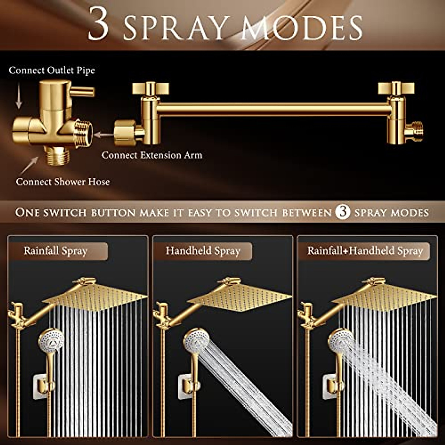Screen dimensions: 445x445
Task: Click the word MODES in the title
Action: tap(302, 28)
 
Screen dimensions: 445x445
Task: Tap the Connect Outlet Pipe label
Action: tap(52, 70)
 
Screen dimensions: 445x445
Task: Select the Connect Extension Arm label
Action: tap(152, 155)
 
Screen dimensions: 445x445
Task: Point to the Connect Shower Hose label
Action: tap(63, 182)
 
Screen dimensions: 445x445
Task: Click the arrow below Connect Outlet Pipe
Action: tap(18, 96)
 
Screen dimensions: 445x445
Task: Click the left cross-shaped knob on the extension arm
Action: tap(150, 88)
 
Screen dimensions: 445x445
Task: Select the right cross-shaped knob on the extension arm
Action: tap(396, 88)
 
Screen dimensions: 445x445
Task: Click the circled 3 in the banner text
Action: tap(342, 212)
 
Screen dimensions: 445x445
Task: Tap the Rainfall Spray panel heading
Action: tap(55, 251)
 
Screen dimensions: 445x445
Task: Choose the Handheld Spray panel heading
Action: tap(203, 251)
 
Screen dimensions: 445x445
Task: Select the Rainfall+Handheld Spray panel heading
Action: tap(365, 251)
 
